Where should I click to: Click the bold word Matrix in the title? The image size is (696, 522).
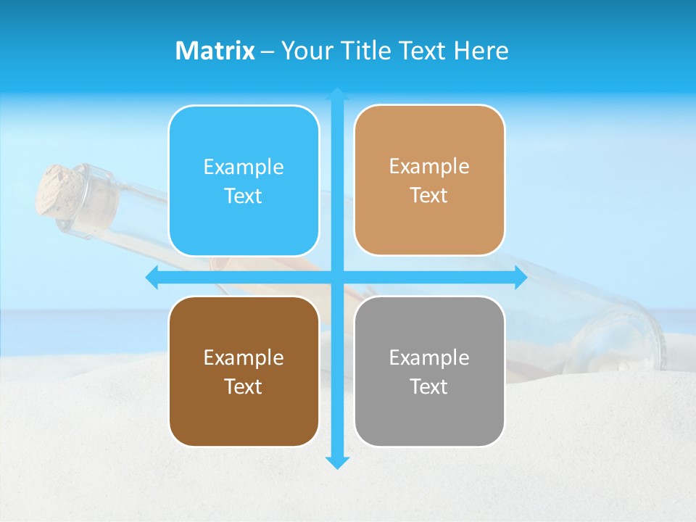215,51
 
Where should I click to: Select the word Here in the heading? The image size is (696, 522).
481,51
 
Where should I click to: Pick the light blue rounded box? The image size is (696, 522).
244,181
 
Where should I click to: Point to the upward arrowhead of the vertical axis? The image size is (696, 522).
337,94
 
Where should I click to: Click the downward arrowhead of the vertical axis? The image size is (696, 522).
337,462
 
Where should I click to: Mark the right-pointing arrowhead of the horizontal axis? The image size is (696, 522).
520,278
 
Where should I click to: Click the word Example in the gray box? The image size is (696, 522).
429,357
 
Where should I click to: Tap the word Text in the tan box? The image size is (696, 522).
429,196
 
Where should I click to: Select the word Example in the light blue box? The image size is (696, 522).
244,167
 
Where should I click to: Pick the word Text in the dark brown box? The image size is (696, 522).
244,386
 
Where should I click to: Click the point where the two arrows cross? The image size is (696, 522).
337,278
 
